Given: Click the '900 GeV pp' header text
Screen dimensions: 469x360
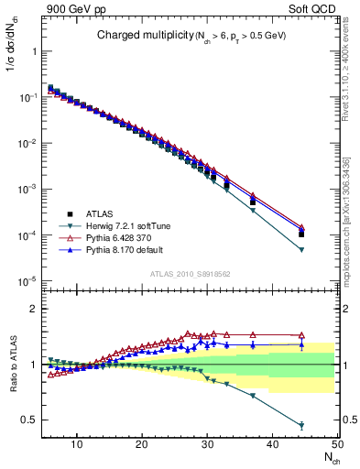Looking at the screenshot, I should click(x=72, y=8).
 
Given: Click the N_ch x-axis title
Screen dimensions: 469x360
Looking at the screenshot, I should click(x=329, y=458).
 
